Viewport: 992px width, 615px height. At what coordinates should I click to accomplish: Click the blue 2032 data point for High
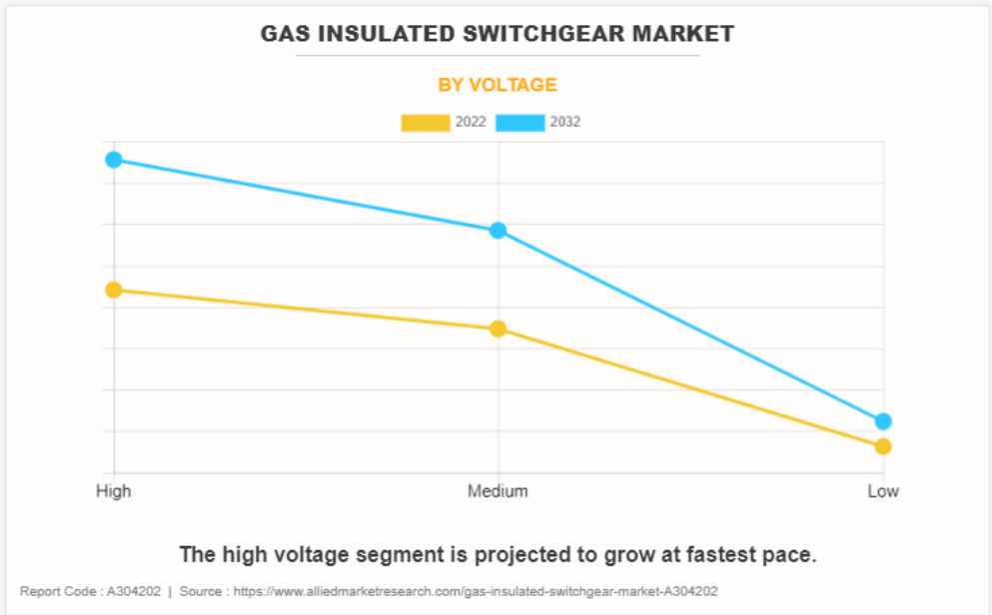pyautogui.click(x=114, y=160)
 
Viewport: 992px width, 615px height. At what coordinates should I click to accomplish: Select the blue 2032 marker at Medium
pyautogui.click(x=497, y=231)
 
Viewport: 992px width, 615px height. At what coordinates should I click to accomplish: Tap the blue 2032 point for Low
pyautogui.click(x=883, y=421)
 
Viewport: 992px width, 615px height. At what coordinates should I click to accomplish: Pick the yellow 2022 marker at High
pyautogui.click(x=114, y=290)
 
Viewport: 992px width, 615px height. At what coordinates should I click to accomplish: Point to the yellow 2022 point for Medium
pyautogui.click(x=497, y=328)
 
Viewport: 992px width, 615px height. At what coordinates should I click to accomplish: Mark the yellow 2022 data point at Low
pyautogui.click(x=883, y=446)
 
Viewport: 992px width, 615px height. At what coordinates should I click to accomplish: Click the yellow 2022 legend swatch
pyautogui.click(x=426, y=123)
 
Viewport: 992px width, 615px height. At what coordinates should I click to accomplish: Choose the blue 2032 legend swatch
pyautogui.click(x=520, y=123)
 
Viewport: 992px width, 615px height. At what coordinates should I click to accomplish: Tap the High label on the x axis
pyautogui.click(x=114, y=491)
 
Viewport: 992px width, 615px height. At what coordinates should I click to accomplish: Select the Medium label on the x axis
pyautogui.click(x=497, y=491)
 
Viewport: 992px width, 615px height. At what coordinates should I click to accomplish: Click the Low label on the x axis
pyautogui.click(x=883, y=491)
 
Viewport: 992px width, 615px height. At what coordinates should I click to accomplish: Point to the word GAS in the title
pyautogui.click(x=283, y=34)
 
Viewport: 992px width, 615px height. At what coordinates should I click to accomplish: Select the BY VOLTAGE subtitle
pyautogui.click(x=497, y=85)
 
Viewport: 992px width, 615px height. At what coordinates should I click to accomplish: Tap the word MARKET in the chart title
pyautogui.click(x=687, y=34)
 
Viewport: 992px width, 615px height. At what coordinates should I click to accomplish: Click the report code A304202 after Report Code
pyautogui.click(x=134, y=591)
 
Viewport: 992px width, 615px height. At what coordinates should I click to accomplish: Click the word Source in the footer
pyautogui.click(x=202, y=591)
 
